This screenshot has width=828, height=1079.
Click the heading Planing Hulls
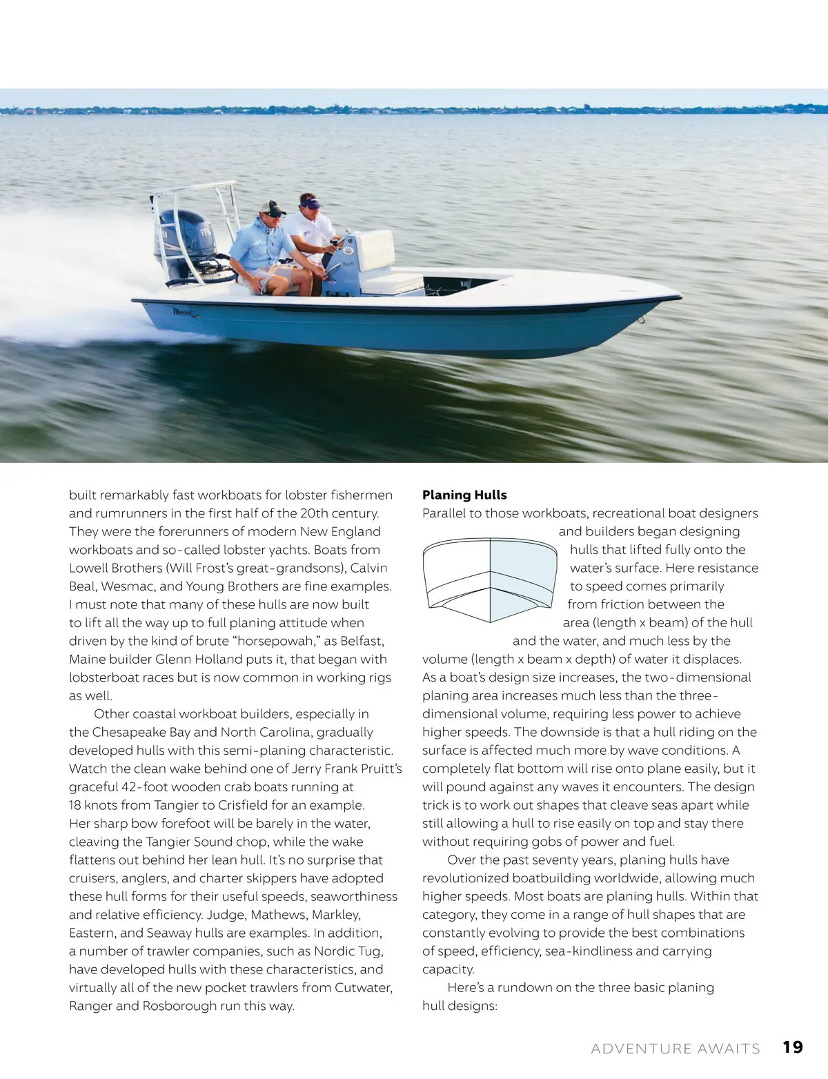(x=464, y=495)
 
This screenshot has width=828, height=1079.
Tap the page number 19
(x=793, y=1047)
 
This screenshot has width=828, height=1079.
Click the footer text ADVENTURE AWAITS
(x=675, y=1049)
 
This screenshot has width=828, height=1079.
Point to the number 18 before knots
(x=75, y=805)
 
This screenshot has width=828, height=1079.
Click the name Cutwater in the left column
(x=363, y=987)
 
